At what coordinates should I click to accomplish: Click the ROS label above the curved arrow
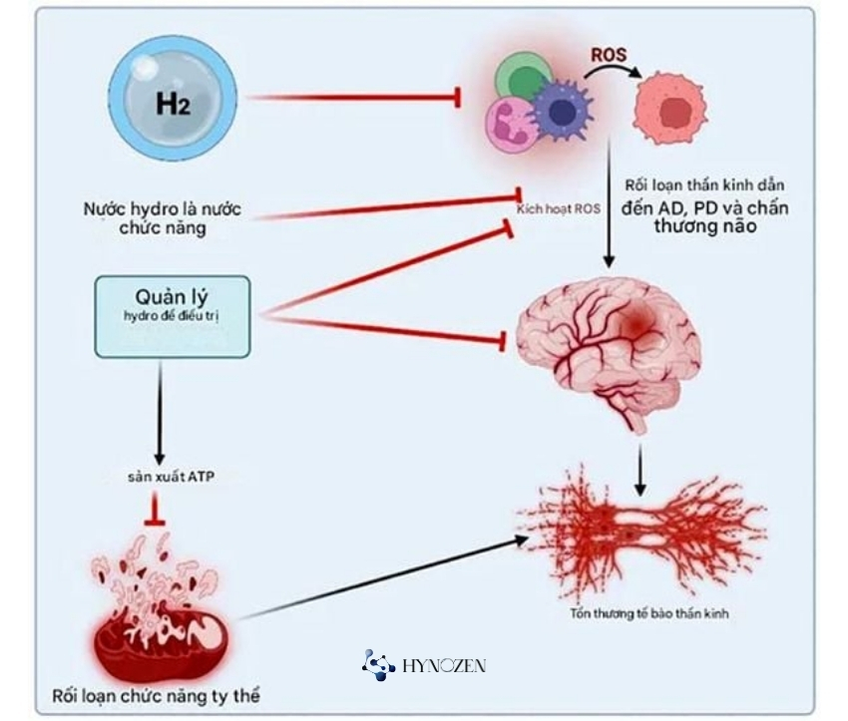[609, 55]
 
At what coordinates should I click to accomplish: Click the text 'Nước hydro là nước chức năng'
[163, 218]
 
